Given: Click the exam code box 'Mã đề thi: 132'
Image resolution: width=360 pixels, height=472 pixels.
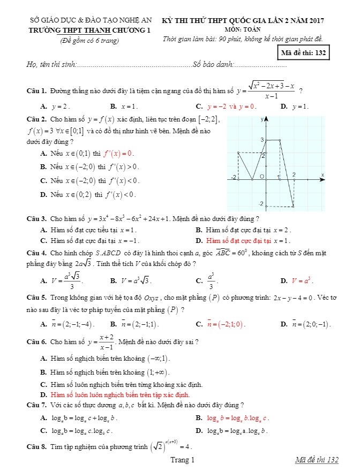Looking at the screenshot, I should click(x=303, y=53).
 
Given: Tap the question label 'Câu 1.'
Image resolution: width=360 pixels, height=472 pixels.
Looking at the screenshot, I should click(x=36, y=91).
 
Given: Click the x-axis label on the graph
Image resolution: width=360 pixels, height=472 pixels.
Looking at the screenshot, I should click(x=322, y=174).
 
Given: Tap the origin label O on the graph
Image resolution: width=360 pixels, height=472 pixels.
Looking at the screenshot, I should click(x=261, y=176).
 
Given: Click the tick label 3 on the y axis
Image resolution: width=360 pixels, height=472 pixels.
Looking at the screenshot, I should click(x=262, y=140).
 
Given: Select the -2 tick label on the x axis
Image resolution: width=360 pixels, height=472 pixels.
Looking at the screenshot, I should click(x=233, y=177).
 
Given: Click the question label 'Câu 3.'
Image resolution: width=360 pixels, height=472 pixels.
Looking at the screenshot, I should click(x=36, y=218).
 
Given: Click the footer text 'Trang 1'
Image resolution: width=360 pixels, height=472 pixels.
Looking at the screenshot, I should click(x=182, y=460).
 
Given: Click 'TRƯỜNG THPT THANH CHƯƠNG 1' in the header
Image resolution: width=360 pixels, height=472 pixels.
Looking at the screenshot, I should click(x=89, y=31).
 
